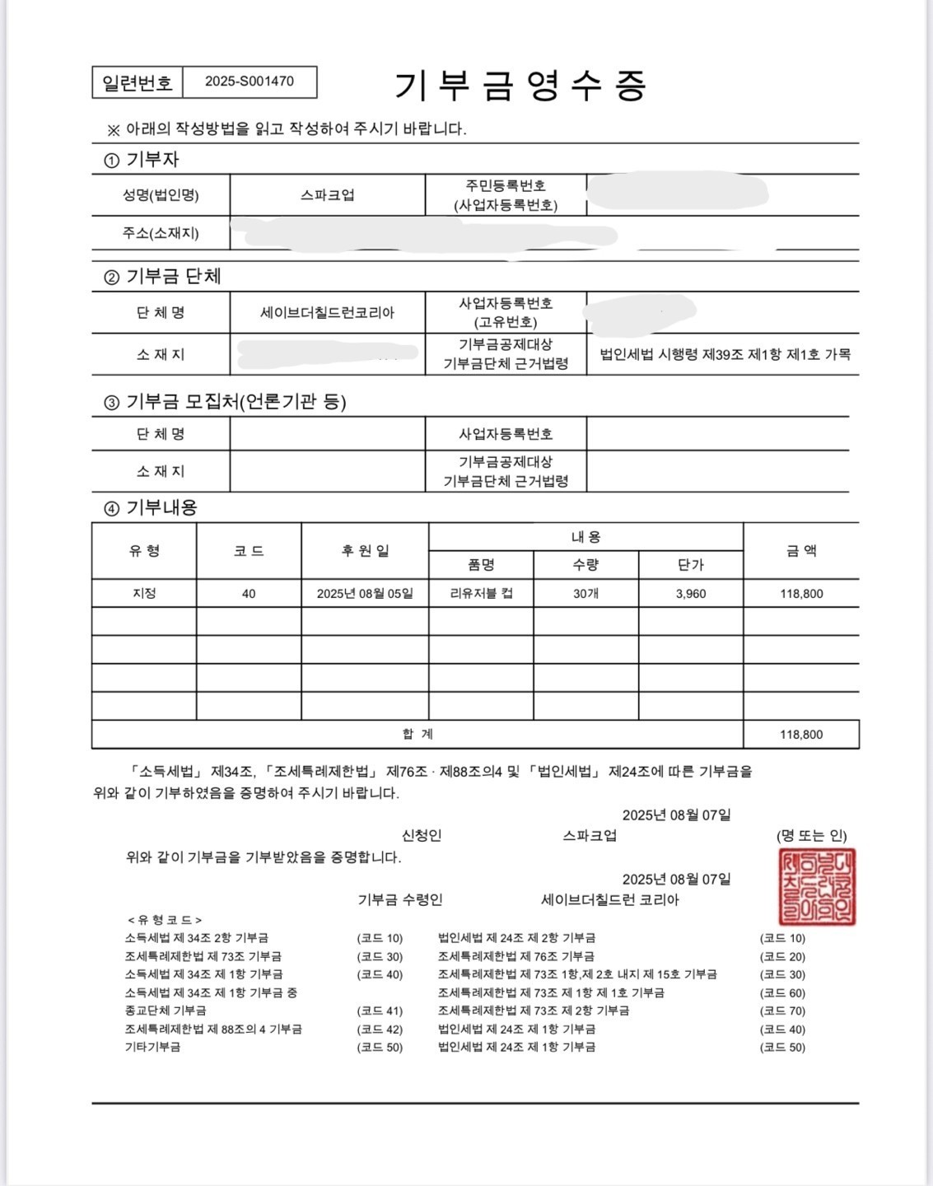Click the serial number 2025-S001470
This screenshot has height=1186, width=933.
[249, 82]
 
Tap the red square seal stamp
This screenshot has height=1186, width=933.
[817, 887]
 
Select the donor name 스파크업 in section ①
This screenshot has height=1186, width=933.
[327, 195]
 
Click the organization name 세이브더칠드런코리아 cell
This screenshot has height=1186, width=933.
[327, 313]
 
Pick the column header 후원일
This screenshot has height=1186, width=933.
[365, 551]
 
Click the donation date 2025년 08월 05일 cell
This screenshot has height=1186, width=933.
[365, 594]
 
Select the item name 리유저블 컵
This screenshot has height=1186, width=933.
[481, 594]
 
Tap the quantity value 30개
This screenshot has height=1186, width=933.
[585, 594]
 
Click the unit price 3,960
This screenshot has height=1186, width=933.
[690, 594]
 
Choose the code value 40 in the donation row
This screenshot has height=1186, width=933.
[249, 594]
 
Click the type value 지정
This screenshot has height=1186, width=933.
[144, 594]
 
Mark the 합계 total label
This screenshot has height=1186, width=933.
[418, 734]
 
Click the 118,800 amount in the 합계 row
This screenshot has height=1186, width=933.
[801, 735]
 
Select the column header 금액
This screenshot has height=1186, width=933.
[801, 551]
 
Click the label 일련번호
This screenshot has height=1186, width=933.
[138, 82]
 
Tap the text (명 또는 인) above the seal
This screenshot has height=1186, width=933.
[811, 836]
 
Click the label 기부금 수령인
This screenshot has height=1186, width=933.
[400, 900]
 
